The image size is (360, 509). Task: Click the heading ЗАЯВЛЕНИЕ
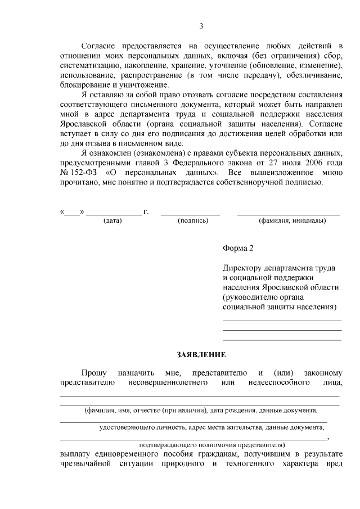(201, 354)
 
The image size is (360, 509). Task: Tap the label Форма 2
(238, 248)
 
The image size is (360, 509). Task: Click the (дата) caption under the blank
(112, 220)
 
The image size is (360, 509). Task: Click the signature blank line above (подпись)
(191, 215)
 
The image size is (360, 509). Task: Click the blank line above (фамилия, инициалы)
(288, 215)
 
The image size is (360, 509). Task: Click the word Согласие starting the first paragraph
(99, 45)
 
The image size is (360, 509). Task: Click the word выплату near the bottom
(75, 453)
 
